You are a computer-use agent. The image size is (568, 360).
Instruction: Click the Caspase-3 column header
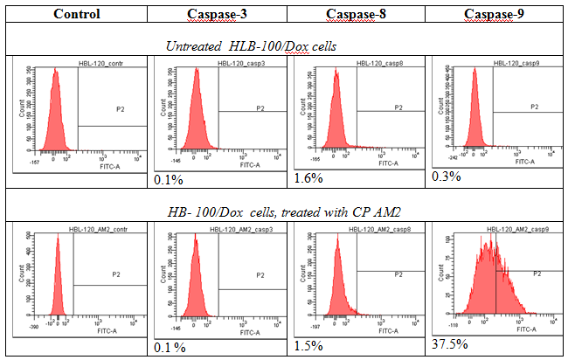(x=216, y=14)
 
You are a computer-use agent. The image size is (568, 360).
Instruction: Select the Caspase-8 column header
(x=354, y=14)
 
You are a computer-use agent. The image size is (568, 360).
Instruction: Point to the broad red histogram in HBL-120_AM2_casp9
(x=488, y=280)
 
